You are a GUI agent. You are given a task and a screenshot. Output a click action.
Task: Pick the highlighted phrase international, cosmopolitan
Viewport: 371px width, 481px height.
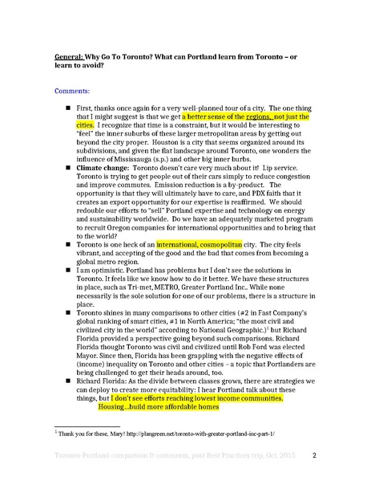pos(202,265)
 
